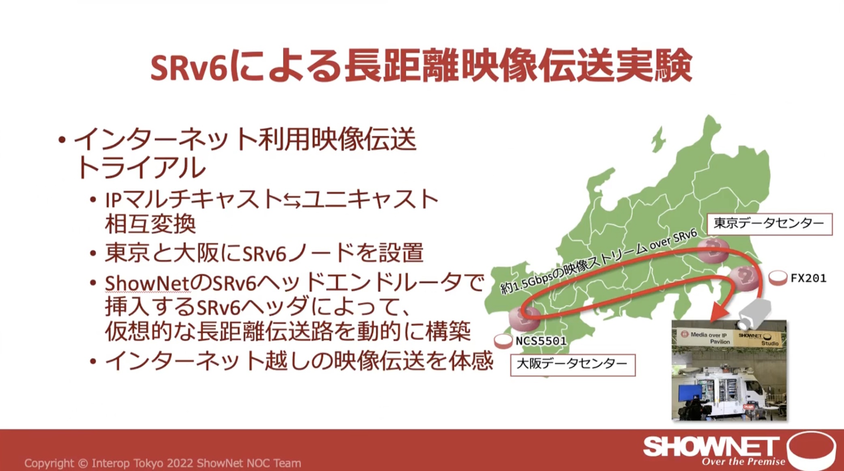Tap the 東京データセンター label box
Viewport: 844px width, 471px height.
coord(769,224)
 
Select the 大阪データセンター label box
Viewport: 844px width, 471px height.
coord(573,365)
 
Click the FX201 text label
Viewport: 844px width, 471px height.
coord(808,278)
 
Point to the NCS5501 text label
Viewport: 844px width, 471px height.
coord(541,341)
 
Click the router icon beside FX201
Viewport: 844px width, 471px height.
coord(778,278)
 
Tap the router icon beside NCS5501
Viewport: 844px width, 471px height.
coord(503,341)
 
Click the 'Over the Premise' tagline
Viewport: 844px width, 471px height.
coord(743,462)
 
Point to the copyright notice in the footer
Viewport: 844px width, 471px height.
coord(163,463)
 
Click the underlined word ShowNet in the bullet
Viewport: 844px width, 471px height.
coord(148,283)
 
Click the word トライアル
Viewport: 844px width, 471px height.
coord(141,167)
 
